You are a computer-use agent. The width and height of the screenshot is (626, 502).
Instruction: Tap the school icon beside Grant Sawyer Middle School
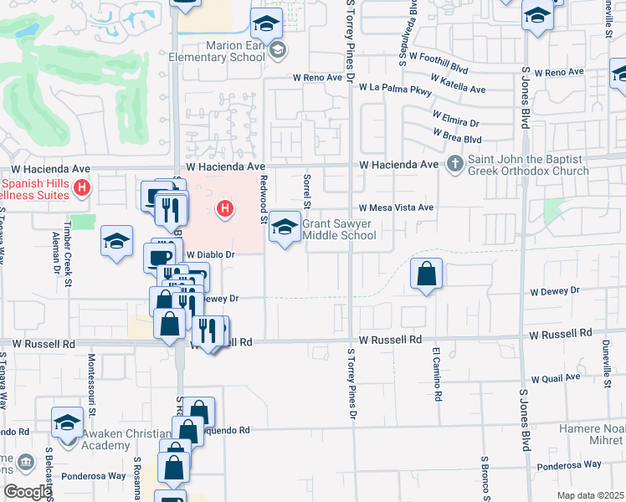tap(285, 228)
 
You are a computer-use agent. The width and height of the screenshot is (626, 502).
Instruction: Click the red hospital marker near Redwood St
tap(224, 208)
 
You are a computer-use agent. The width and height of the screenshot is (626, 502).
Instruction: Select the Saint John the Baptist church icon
tap(455, 163)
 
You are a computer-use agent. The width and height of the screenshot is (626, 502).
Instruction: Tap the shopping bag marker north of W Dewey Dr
tap(426, 273)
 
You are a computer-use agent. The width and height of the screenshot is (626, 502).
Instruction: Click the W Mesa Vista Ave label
tap(397, 207)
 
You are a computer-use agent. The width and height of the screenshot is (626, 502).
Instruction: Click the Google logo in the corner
tap(27, 492)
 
